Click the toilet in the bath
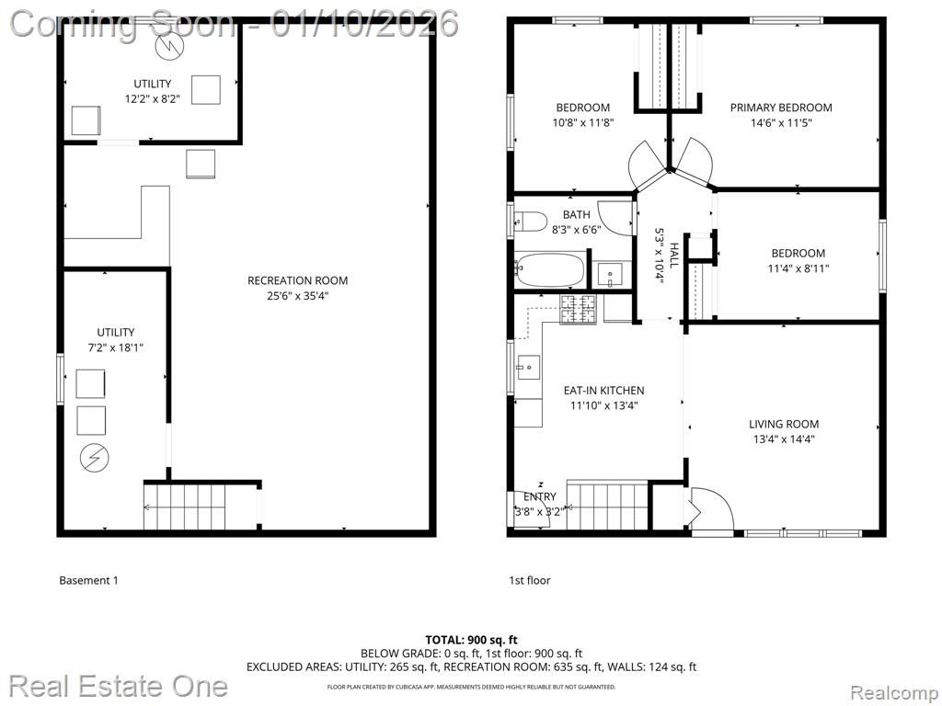pyautogui.click(x=531, y=222)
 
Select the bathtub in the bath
pyautogui.click(x=550, y=270)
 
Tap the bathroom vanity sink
pyautogui.click(x=612, y=276)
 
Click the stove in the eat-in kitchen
pyautogui.click(x=578, y=309)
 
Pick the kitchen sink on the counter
pyautogui.click(x=529, y=368)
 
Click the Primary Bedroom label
pyautogui.click(x=781, y=108)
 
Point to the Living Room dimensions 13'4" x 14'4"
pyautogui.click(x=784, y=438)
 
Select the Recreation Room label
pyautogui.click(x=297, y=280)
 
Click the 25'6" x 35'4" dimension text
pyautogui.click(x=297, y=295)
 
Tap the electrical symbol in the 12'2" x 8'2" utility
pyautogui.click(x=169, y=47)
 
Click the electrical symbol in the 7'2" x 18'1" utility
pyautogui.click(x=95, y=458)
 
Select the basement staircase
pyautogui.click(x=184, y=507)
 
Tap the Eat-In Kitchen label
pyautogui.click(x=603, y=390)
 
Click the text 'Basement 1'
pyautogui.click(x=89, y=580)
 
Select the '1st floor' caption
pyautogui.click(x=529, y=580)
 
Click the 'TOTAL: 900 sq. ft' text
pyautogui.click(x=471, y=640)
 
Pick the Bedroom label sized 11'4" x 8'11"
pyautogui.click(x=798, y=254)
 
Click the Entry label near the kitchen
pyautogui.click(x=539, y=496)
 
